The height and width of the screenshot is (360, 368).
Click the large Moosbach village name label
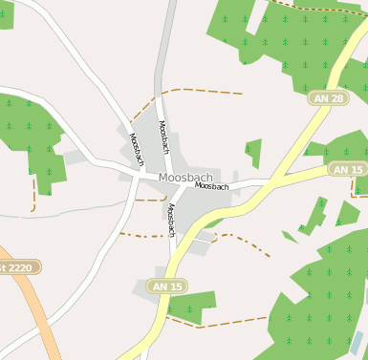[185, 178]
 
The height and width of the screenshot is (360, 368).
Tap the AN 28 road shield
[326, 98]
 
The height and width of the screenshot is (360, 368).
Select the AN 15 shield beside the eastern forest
[346, 169]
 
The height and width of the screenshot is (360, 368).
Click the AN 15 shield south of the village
[166, 286]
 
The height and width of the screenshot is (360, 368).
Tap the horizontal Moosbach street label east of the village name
[212, 186]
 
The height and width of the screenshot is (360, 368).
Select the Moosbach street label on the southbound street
[171, 221]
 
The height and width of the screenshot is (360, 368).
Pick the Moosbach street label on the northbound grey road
[163, 138]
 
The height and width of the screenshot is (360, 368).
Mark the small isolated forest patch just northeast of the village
[253, 151]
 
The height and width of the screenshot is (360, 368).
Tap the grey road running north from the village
[168, 57]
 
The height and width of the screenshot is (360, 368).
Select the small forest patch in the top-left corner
[6, 13]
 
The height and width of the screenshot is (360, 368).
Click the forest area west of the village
[33, 138]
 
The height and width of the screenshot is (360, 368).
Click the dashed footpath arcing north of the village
[191, 92]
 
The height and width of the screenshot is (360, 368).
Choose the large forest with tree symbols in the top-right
[296, 38]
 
